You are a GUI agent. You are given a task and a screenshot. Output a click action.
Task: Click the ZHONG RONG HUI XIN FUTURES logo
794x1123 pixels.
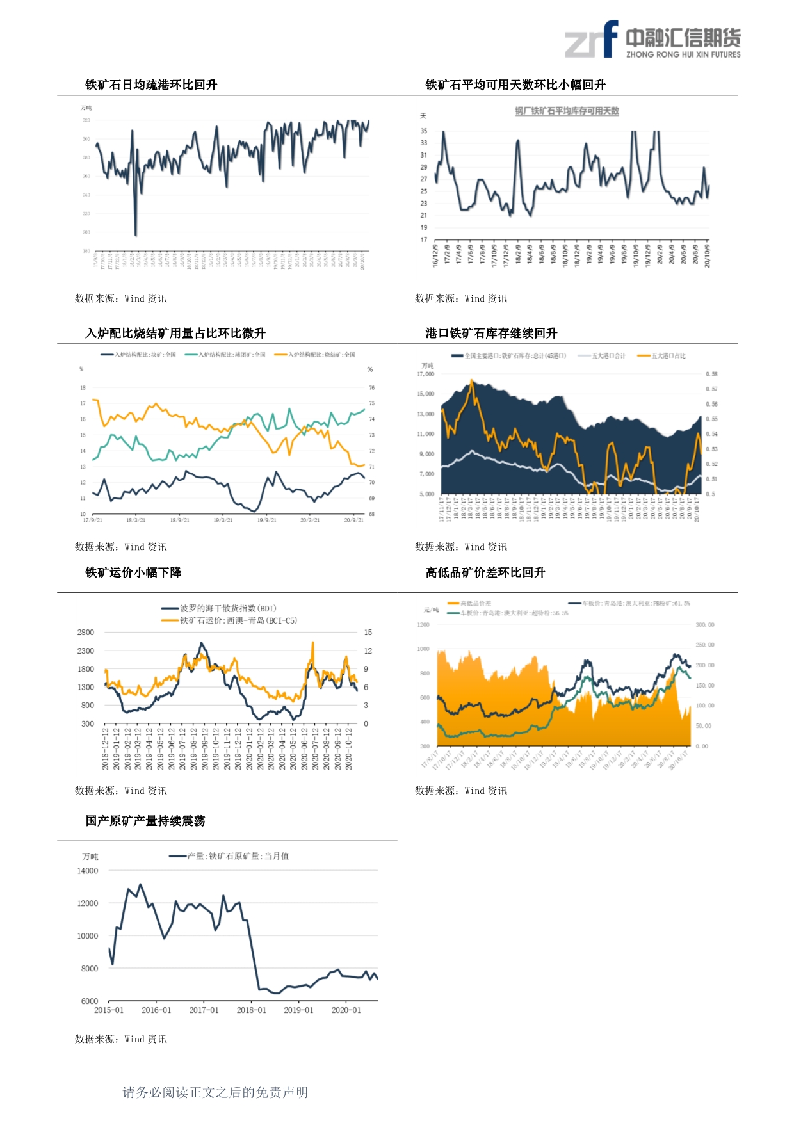click(x=652, y=40)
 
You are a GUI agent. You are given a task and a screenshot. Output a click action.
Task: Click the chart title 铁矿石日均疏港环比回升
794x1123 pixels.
click(x=151, y=85)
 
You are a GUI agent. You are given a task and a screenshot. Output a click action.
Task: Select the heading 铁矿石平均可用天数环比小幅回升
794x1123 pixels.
click(x=515, y=85)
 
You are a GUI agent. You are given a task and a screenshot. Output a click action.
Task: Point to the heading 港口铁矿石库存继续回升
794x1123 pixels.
click(x=491, y=333)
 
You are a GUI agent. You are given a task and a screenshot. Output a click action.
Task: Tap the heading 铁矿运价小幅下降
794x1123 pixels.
click(x=133, y=572)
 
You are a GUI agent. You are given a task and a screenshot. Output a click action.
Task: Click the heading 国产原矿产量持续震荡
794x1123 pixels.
click(x=145, y=821)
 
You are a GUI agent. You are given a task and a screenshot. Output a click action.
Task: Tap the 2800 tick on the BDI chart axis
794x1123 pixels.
click(x=86, y=633)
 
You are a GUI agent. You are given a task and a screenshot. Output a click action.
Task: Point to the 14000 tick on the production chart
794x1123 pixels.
click(x=88, y=871)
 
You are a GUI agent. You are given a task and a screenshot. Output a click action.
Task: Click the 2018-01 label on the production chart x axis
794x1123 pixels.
click(x=251, y=1010)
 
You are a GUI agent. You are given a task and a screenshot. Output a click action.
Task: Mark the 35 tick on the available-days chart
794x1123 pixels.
click(x=424, y=131)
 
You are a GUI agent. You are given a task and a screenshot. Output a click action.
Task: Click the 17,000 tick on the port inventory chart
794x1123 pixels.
click(x=426, y=374)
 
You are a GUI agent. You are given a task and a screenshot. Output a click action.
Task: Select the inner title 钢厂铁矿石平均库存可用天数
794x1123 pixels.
click(x=567, y=111)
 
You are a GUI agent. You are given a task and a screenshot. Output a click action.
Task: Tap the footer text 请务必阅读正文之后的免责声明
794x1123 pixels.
click(x=215, y=1092)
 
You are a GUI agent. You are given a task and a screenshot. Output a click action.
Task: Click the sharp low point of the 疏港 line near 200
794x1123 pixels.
click(x=136, y=234)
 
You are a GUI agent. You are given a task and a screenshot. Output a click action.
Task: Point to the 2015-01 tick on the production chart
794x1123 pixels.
click(x=109, y=1010)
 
